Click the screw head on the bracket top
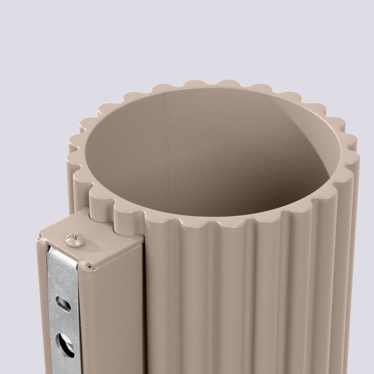pyautogui.click(x=75, y=240)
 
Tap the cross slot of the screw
pyautogui.click(x=75, y=238)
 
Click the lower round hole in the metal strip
pyautogui.click(x=65, y=344)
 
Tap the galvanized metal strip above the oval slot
pyautogui.click(x=62, y=278)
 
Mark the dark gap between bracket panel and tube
pyautogui.click(x=144, y=302)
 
